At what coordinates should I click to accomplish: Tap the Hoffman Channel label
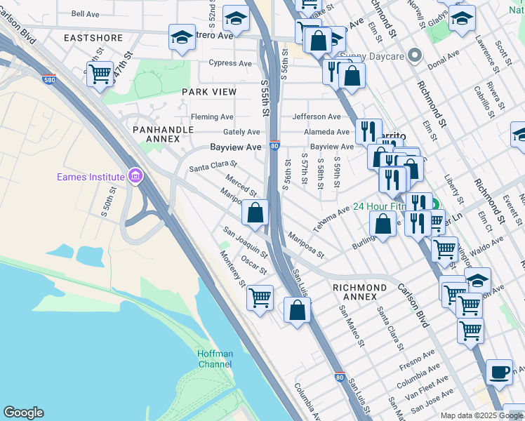[x=215, y=359]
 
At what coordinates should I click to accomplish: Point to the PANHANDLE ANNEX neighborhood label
[x=159, y=134]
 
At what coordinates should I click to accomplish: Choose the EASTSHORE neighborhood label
[x=93, y=38]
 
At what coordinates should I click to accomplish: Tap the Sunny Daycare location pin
[x=415, y=55]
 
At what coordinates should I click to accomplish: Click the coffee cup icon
[x=499, y=372]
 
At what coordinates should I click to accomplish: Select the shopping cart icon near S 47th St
[x=100, y=73]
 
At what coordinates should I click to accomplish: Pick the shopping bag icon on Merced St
[x=255, y=211]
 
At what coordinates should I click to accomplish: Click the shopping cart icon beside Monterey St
[x=260, y=298]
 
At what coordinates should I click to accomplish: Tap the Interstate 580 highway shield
[x=49, y=79]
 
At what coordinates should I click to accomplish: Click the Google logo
[x=23, y=413]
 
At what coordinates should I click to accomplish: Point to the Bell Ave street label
[x=86, y=14]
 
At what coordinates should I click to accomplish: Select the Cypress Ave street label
[x=234, y=63]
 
